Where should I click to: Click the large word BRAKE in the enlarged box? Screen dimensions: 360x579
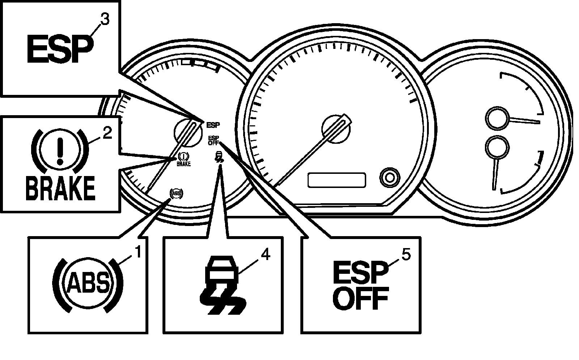[x=60, y=188]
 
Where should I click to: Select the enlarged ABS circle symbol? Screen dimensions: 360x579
[x=88, y=285]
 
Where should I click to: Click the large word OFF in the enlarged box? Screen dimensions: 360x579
[x=361, y=300]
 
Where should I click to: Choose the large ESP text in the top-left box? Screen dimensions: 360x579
[x=60, y=50]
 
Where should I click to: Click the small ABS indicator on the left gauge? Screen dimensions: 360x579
[x=176, y=193]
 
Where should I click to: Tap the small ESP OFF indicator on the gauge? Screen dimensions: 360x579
[x=214, y=140]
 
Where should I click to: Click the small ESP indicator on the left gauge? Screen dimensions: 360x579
[x=213, y=125]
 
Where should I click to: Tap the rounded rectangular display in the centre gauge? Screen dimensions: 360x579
[x=337, y=180]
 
